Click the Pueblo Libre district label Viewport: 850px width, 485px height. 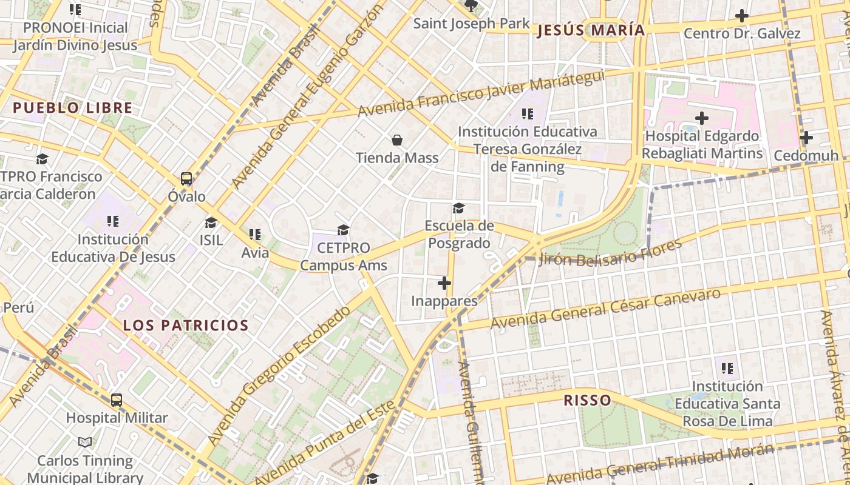(72, 109)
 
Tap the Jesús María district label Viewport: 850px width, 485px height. (590, 30)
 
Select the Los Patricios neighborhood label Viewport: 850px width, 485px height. (186, 326)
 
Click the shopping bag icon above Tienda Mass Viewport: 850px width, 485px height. (397, 141)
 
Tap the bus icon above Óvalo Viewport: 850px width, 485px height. (186, 179)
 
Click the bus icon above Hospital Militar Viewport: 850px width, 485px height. (117, 400)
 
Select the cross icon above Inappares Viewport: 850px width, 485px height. (444, 283)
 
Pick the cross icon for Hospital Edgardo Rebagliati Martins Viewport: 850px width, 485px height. (702, 118)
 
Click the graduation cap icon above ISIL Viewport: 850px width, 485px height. (211, 222)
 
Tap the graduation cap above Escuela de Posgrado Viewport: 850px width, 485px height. (458, 209)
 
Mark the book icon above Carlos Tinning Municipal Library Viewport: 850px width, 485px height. (86, 443)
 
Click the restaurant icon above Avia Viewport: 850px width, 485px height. (255, 235)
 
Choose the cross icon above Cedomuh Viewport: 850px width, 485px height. (806, 138)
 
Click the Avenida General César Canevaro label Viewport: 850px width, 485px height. (605, 309)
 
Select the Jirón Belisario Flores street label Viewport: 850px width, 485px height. (610, 253)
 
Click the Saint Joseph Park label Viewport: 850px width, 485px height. (471, 24)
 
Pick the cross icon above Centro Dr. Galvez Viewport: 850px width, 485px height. (742, 16)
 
